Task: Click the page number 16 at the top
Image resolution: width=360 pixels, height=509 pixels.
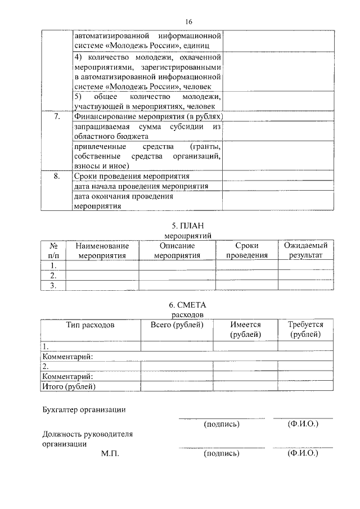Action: tap(188, 21)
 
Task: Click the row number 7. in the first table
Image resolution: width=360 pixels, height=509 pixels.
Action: tap(56, 116)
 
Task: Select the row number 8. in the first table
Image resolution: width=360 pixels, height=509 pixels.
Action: tap(56, 176)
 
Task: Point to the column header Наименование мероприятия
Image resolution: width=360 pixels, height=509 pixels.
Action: tap(102, 250)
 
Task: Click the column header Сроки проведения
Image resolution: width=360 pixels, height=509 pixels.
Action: tap(246, 250)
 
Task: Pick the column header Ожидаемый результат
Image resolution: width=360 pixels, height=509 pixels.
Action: tap(305, 250)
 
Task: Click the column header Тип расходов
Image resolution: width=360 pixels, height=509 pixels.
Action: tap(90, 325)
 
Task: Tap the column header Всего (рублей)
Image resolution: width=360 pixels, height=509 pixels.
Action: tap(177, 325)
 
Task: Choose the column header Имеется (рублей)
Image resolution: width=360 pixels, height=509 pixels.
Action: tap(245, 330)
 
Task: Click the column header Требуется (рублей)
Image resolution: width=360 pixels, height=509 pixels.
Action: tap(305, 330)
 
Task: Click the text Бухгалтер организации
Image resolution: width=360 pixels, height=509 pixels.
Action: tap(84, 410)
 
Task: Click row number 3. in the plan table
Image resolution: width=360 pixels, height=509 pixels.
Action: tap(54, 286)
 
